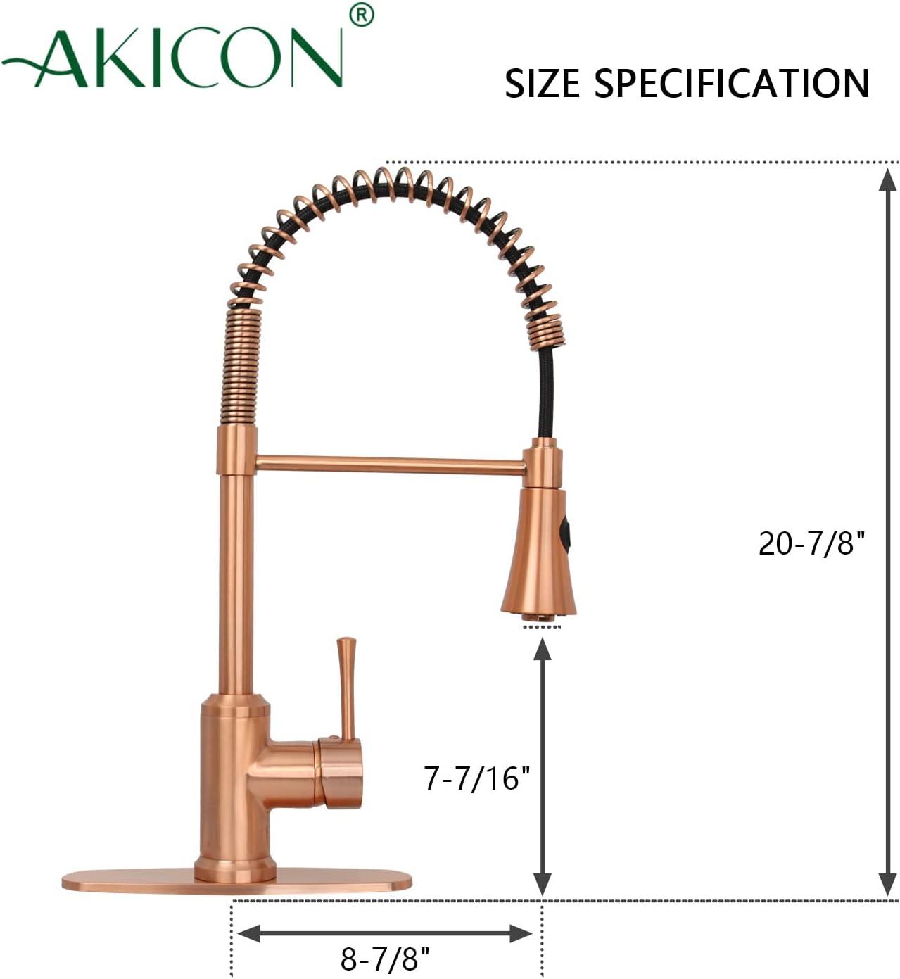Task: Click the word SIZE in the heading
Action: pos(543,83)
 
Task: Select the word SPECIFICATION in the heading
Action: pos(733,83)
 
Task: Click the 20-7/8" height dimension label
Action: pos(811,543)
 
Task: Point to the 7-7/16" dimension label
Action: pos(476,778)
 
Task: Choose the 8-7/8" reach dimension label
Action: pos(384,958)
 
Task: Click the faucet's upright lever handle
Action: pos(346,686)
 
